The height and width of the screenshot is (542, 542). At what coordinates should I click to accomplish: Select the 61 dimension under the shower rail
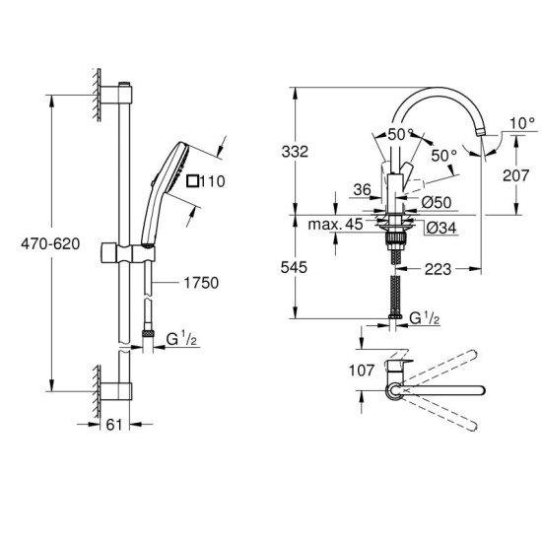(x=114, y=426)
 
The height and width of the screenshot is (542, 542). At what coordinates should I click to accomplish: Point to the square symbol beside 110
(x=193, y=179)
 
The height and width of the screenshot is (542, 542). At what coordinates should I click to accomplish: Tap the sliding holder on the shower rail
(x=126, y=258)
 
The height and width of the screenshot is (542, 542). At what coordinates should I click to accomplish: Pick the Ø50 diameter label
(x=438, y=202)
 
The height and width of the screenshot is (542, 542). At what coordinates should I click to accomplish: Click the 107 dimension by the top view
(x=336, y=372)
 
